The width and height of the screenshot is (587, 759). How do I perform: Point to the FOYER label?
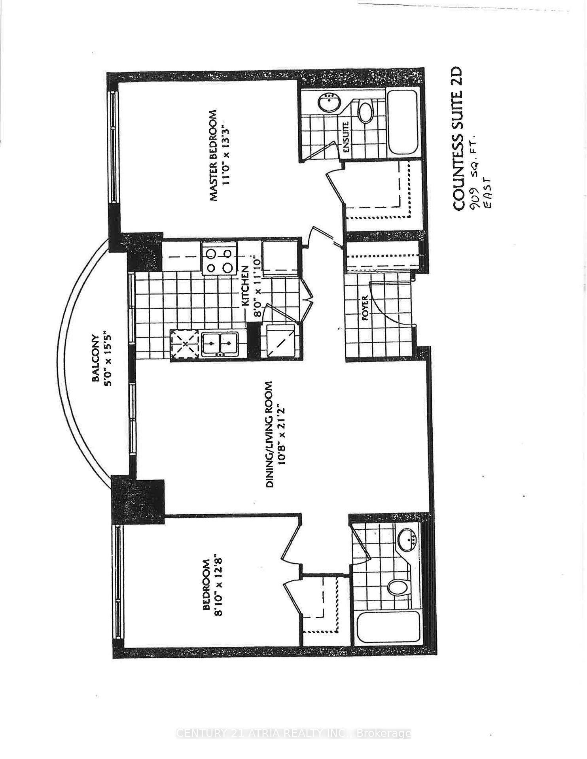(x=365, y=308)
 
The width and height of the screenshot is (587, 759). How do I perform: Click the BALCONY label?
(x=95, y=358)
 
